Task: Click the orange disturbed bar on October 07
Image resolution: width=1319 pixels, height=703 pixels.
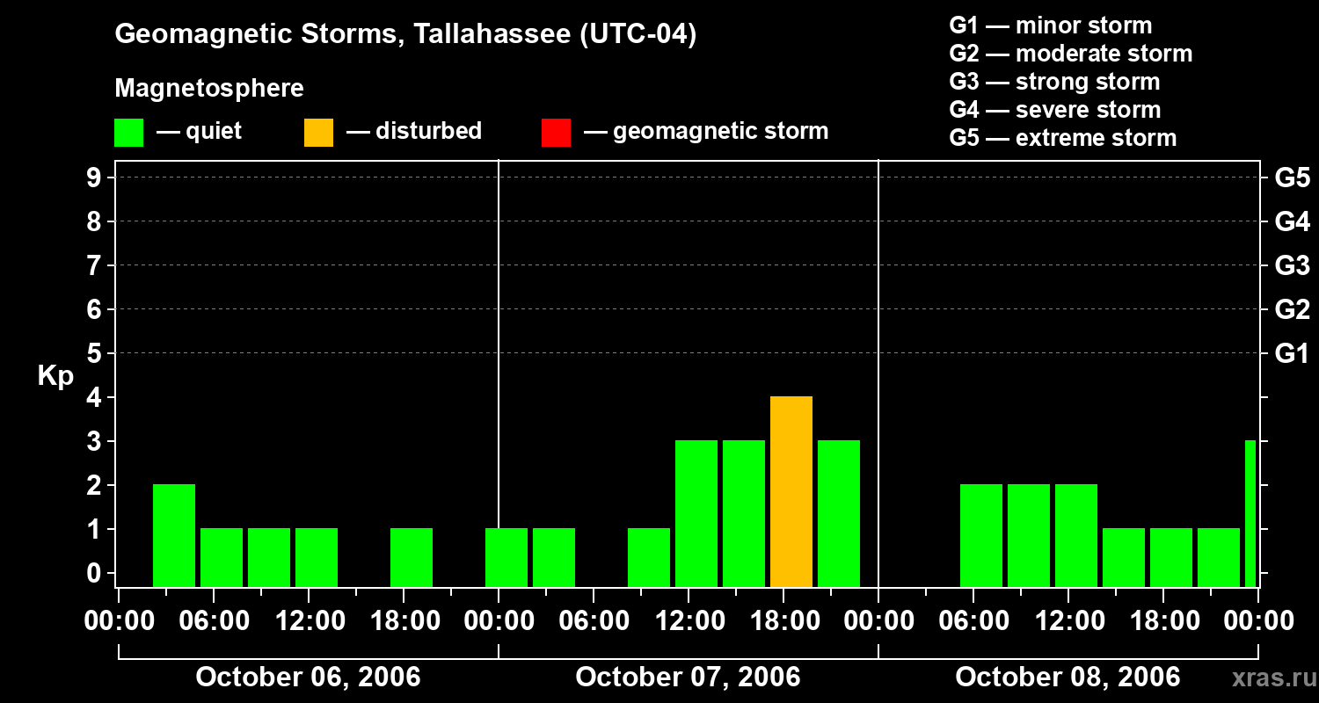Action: (x=791, y=492)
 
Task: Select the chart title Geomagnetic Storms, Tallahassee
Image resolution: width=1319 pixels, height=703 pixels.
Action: (x=405, y=34)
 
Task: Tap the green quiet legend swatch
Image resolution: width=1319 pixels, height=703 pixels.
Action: (x=128, y=132)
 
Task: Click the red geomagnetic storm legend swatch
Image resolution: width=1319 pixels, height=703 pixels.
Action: (x=556, y=132)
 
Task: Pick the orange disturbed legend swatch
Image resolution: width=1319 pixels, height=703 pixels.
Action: (x=318, y=132)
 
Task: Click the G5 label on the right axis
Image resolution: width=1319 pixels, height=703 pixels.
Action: (x=1292, y=178)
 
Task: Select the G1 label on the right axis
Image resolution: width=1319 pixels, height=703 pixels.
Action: (x=1292, y=353)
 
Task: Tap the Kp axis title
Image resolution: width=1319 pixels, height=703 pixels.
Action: (x=55, y=376)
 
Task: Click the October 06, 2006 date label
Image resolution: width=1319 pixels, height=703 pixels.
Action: (x=308, y=678)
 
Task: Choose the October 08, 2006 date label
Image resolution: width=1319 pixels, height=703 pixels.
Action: (x=1068, y=678)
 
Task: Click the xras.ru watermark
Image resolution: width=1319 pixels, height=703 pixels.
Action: (x=1267, y=678)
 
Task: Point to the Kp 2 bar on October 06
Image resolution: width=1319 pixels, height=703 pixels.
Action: (x=174, y=535)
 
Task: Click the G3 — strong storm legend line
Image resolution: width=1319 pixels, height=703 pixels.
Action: (x=1054, y=82)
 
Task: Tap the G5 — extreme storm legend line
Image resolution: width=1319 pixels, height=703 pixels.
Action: (x=1062, y=138)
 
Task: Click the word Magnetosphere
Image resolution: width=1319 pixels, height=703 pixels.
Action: (x=209, y=89)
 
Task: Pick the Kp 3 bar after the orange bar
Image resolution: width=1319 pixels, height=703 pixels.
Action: (x=838, y=513)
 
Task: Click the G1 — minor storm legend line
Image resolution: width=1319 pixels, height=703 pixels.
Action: (x=1050, y=25)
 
